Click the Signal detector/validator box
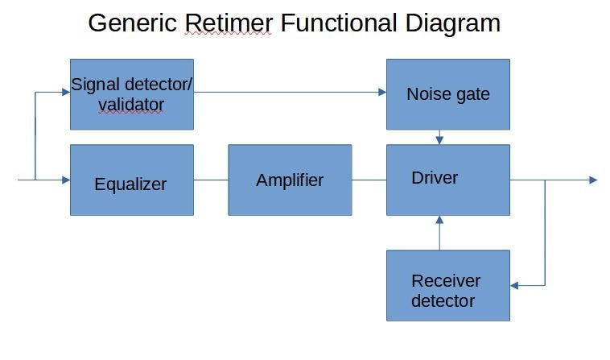click(131, 94)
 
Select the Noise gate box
click(447, 94)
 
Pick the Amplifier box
click(290, 180)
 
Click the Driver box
click(447, 180)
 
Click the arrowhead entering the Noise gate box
click(381, 92)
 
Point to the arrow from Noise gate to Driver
click(439, 138)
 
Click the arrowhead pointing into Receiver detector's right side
click(515, 285)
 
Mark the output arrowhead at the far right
click(593, 180)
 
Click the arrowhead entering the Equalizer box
click(65, 180)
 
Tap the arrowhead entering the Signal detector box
click(65, 92)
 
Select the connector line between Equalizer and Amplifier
click(211, 180)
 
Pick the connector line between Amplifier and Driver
click(369, 180)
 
